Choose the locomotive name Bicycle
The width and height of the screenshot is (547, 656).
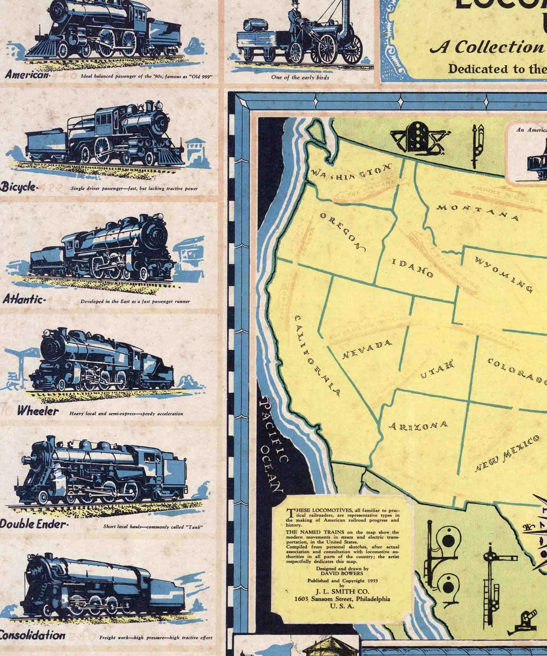click(19, 187)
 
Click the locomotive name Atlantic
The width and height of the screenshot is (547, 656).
click(23, 300)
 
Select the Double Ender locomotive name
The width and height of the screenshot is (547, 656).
click(33, 524)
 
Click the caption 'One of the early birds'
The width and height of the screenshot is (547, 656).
click(300, 77)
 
